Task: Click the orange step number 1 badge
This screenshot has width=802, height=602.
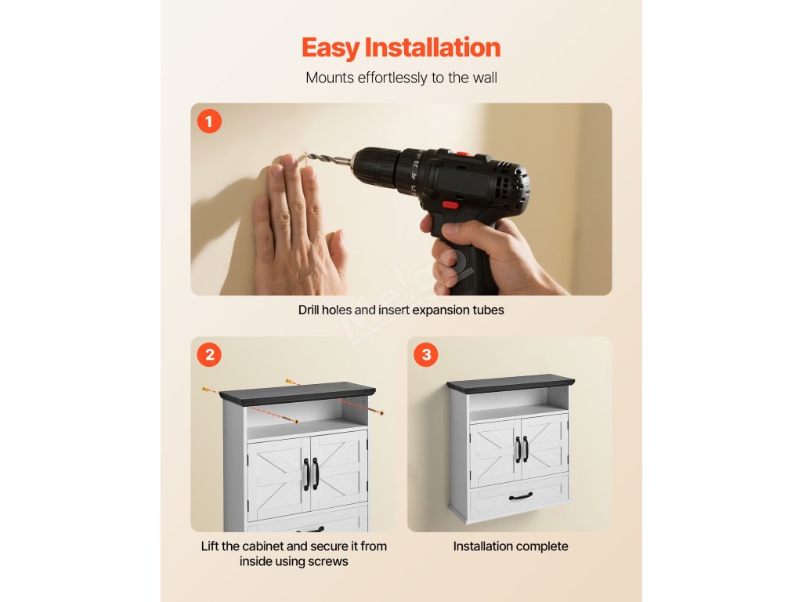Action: tap(209, 121)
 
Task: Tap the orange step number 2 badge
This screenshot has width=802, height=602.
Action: tap(209, 354)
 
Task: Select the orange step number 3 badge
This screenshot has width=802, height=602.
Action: tap(426, 354)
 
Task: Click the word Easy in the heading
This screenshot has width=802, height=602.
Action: tap(331, 48)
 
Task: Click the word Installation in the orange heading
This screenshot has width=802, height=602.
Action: tap(432, 47)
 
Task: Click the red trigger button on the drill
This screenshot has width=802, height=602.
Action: tap(450, 205)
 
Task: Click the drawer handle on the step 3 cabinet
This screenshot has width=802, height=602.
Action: tap(521, 496)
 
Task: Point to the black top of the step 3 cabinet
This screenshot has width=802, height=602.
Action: tap(511, 383)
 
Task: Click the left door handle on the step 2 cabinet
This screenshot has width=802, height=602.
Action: tap(306, 474)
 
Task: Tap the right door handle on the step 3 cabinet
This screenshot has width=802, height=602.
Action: tap(526, 449)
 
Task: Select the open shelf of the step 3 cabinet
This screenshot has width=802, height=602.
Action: tap(518, 399)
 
